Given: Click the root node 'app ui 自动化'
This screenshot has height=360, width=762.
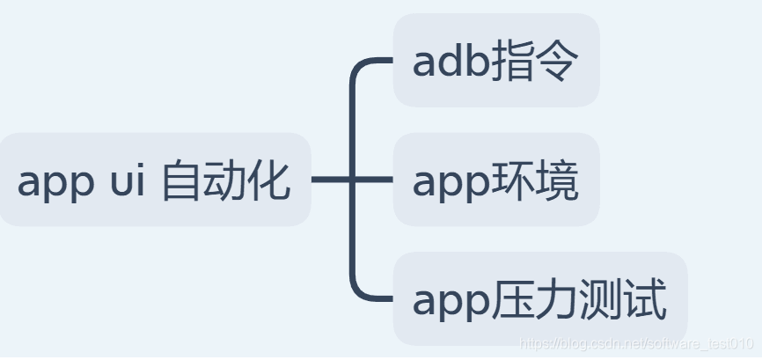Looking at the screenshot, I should click(154, 180).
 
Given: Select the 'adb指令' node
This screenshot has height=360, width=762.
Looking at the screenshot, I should click(495, 61).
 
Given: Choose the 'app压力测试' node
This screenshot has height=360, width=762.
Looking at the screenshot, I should click(539, 299).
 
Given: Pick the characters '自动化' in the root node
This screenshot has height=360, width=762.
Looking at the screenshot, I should click(226, 181).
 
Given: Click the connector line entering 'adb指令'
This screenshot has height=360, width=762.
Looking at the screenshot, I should click(374, 62).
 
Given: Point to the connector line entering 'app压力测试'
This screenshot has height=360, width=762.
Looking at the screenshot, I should click(374, 299).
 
